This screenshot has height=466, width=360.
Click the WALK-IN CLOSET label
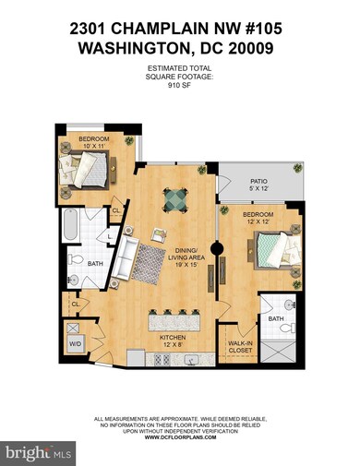(x=241, y=347)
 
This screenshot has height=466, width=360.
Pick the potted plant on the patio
(x=297, y=169)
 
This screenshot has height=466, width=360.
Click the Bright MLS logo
(x=40, y=453)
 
